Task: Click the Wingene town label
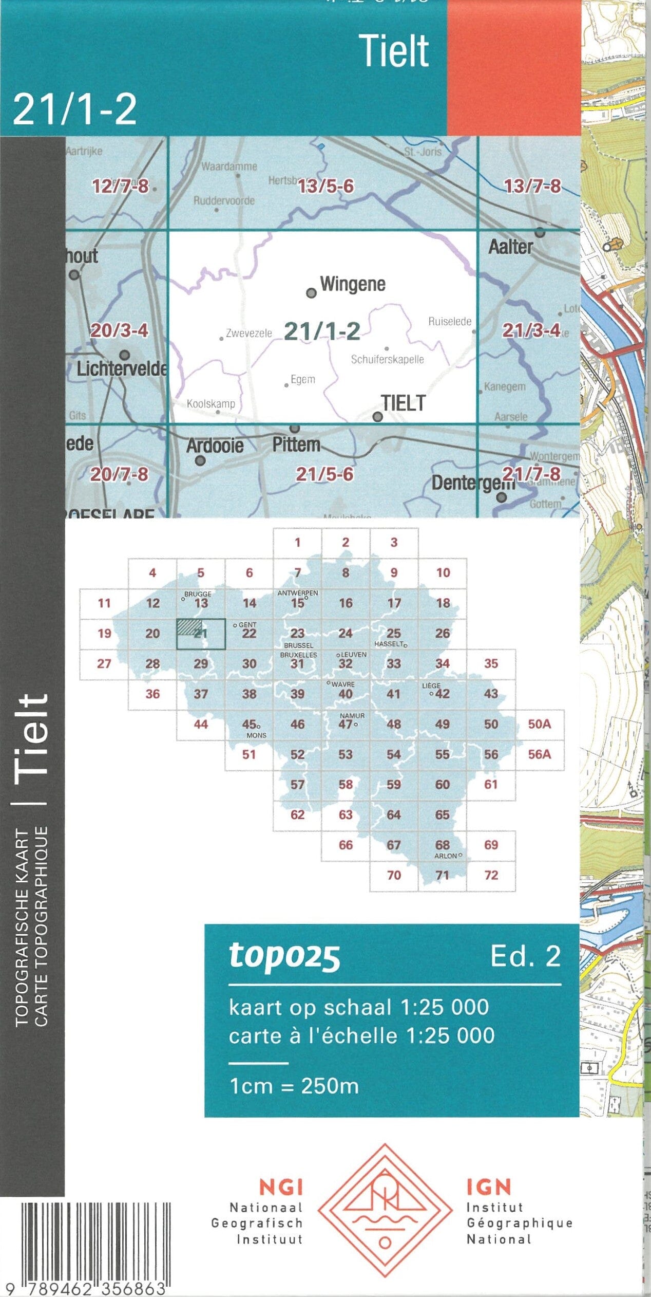(352, 284)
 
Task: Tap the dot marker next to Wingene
(311, 293)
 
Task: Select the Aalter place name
(510, 247)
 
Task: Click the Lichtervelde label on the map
(122, 368)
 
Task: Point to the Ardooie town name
(215, 445)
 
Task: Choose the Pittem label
(296, 444)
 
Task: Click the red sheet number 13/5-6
(326, 186)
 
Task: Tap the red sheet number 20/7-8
(119, 474)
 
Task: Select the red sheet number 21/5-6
(324, 474)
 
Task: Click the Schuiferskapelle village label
(387, 359)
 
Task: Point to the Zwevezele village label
(249, 333)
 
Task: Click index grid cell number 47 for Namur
(346, 724)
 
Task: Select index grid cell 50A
(539, 724)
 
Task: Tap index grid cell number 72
(491, 875)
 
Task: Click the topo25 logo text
(284, 956)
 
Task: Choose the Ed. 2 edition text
(525, 956)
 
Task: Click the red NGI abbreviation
(281, 1188)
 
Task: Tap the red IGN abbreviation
(489, 1188)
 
